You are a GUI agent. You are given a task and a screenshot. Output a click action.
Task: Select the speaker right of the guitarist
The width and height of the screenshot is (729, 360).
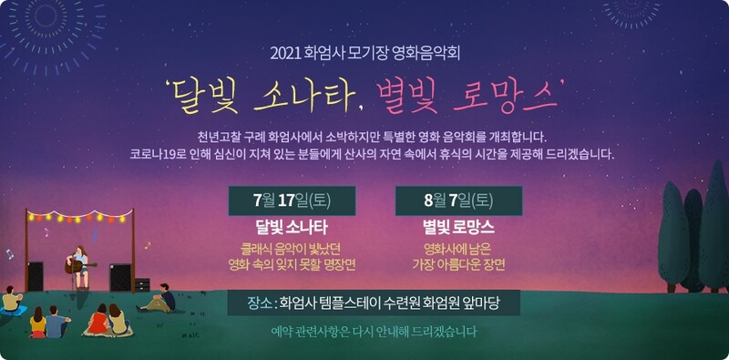pos(120,276)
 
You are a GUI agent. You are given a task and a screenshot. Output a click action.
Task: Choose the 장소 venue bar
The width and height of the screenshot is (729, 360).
pos(374,303)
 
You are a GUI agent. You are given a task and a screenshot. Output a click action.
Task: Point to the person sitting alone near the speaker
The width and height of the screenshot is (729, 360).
pos(165,298)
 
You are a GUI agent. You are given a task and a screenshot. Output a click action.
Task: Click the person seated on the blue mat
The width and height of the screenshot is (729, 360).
pos(11,300)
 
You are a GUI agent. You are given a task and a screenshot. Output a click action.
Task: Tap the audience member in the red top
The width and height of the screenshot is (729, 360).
pos(98,321)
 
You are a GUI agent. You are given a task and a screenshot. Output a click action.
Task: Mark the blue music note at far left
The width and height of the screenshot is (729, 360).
pos(10,254)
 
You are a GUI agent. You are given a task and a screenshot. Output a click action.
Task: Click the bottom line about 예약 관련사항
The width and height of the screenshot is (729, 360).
pos(374,332)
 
